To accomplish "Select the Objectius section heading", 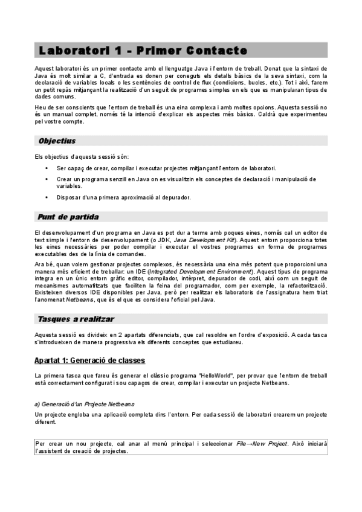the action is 57,141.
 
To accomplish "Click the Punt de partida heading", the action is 68,217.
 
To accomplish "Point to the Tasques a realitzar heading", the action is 76,318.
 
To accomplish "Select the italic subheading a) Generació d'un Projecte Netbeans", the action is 85,403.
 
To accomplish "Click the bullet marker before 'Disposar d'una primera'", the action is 47,197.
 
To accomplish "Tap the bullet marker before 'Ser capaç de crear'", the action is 47,167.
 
